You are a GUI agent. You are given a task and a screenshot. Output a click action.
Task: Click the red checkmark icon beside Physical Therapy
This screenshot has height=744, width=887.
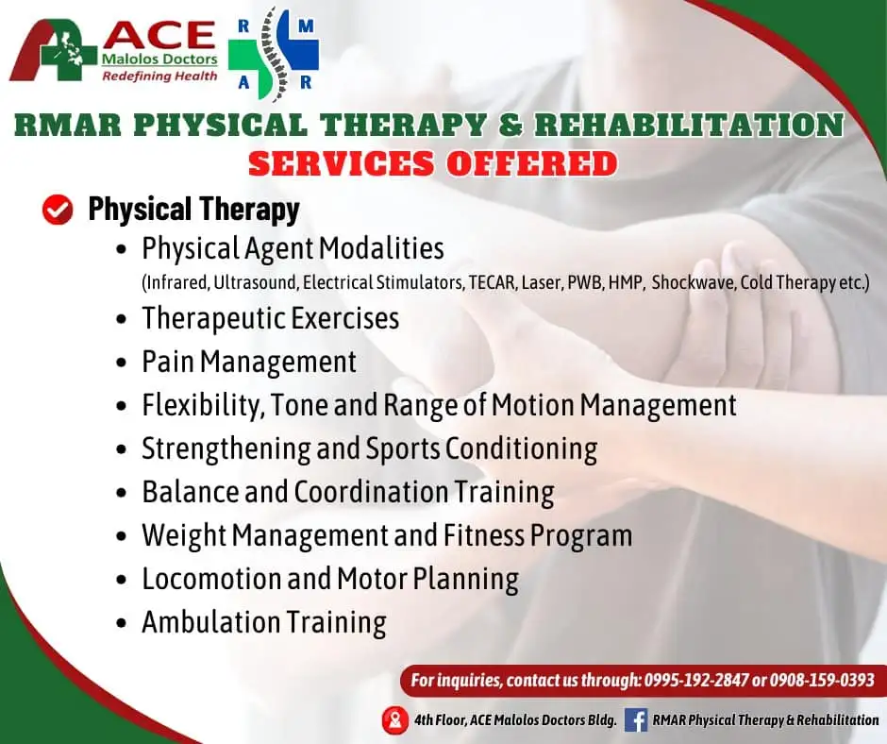58,210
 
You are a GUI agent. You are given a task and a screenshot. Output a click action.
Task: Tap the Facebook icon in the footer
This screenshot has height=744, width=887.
636,720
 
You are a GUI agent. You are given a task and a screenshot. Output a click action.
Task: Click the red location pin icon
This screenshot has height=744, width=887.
394,720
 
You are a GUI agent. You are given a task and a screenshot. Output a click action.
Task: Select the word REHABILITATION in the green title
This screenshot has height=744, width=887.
689,126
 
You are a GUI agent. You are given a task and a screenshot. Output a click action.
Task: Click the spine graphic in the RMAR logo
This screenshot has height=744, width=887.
275,55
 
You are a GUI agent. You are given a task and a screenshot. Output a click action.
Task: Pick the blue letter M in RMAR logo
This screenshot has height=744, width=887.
306,26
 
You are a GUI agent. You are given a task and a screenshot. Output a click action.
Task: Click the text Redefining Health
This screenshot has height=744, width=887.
159,76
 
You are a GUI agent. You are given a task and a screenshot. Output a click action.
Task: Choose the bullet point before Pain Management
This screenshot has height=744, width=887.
121,363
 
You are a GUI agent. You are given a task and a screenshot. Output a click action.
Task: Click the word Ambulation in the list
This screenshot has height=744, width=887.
209,621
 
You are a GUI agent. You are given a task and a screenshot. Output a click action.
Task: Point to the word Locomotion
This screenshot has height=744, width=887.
211,579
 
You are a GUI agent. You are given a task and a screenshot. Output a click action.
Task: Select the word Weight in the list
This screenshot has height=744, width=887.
184,535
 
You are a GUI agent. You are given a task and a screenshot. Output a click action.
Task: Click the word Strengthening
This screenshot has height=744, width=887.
226,449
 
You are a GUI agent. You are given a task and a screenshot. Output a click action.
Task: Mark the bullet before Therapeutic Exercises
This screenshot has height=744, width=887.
121,319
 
